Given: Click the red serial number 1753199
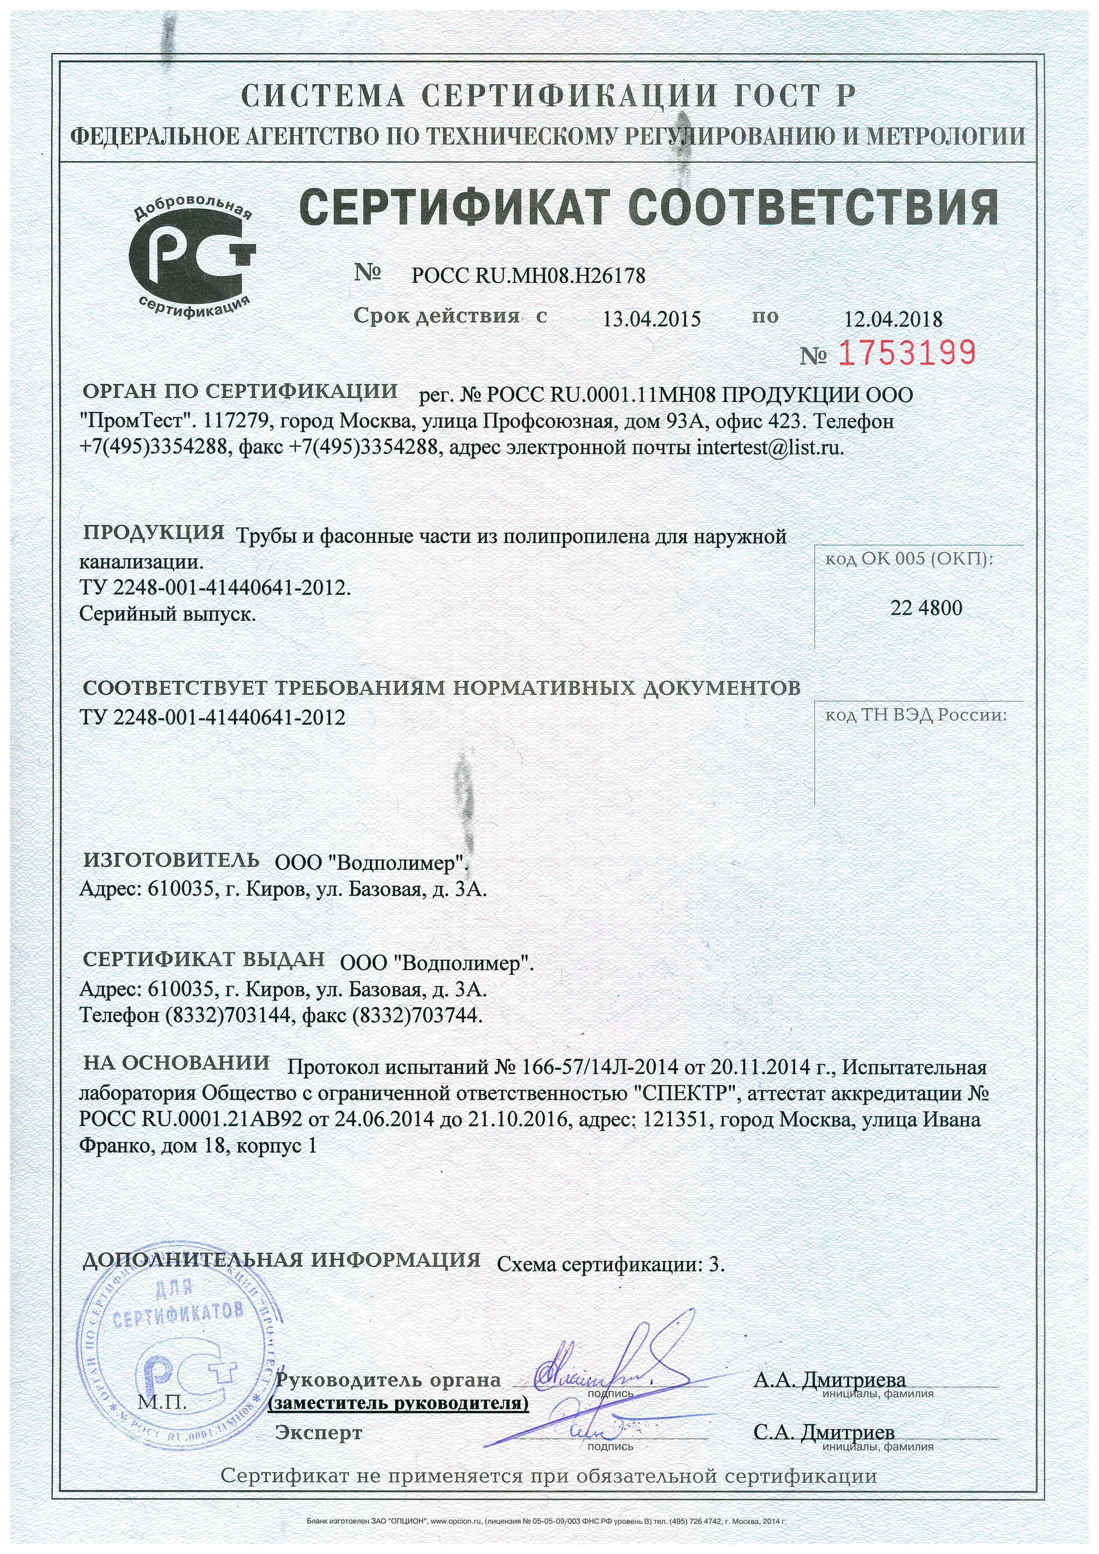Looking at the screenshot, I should tap(908, 352).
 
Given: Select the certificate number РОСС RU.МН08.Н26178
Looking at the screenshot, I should tap(528, 276).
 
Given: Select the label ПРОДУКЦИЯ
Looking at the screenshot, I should tap(154, 532).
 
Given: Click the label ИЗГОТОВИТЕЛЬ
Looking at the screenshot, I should tap(171, 860).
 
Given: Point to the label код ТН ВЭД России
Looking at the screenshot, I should tap(915, 716).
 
